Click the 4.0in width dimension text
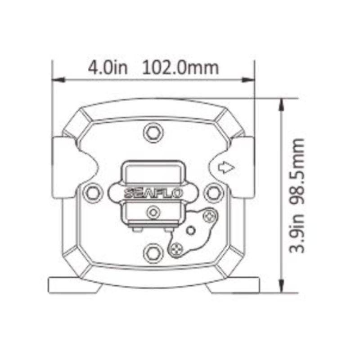coord(108,68)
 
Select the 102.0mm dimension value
coord(180,68)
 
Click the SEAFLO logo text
coord(153,193)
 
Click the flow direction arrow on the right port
coord(226,167)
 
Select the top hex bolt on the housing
coord(153,132)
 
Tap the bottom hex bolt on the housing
coord(153,254)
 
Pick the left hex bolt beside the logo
coord(93,193)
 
